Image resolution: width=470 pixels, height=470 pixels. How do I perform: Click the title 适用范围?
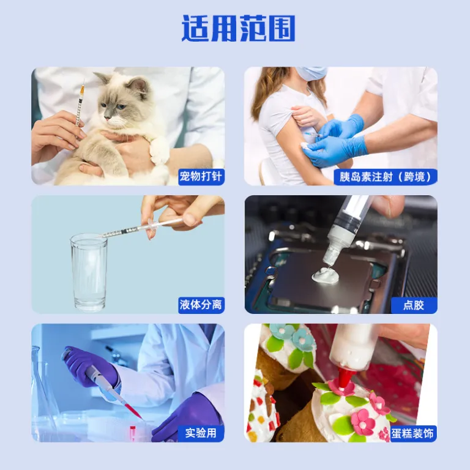pyautogui.click(x=238, y=28)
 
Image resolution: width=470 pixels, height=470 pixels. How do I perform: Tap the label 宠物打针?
pyautogui.click(x=201, y=176)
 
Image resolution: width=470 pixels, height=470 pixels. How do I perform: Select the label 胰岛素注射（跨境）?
pyautogui.click(x=385, y=177)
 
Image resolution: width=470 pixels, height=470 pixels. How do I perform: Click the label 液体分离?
pyautogui.click(x=201, y=305)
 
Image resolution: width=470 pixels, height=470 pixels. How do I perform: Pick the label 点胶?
pyautogui.click(x=414, y=305)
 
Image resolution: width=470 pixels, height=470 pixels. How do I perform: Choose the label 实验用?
pyautogui.click(x=201, y=433)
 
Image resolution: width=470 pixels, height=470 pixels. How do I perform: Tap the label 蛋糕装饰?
pyautogui.click(x=412, y=433)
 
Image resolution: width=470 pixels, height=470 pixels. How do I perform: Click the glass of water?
pyautogui.click(x=89, y=272)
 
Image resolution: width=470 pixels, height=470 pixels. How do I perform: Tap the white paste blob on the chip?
pyautogui.click(x=325, y=274)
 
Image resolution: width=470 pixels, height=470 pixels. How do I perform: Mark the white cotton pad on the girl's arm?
pyautogui.click(x=307, y=146)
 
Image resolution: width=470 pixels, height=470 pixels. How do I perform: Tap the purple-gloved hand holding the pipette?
pyautogui.click(x=90, y=367)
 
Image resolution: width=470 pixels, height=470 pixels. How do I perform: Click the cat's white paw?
pyautogui.click(x=159, y=151)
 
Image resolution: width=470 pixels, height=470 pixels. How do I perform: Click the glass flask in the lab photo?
pyautogui.click(x=42, y=396)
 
